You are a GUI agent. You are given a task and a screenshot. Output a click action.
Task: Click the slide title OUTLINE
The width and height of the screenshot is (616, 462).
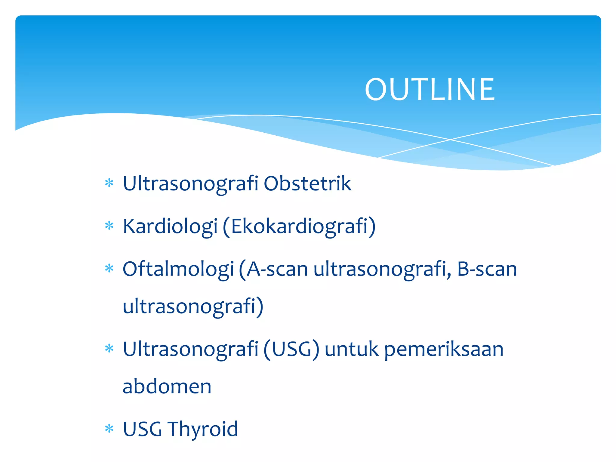430,89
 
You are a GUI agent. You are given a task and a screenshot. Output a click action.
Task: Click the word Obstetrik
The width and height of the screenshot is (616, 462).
307,183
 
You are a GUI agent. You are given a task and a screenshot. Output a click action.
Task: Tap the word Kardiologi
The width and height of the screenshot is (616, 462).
170,226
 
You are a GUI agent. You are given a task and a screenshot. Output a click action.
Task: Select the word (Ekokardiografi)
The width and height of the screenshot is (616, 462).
299,226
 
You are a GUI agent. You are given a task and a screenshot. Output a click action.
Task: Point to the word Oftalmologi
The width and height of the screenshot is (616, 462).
178,269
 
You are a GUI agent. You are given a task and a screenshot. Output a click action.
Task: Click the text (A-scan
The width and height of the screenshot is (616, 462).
273,269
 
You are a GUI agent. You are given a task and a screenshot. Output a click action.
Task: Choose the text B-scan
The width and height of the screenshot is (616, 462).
487,269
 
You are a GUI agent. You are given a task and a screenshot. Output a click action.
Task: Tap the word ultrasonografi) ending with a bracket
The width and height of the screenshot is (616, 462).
193,306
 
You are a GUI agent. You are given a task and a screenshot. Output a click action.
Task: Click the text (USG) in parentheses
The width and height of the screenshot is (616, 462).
291,349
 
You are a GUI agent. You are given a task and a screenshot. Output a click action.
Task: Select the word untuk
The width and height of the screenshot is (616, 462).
351,349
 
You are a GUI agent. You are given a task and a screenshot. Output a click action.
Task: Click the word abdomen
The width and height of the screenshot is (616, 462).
167,386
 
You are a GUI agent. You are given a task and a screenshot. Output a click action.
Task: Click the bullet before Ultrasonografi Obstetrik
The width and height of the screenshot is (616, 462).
109,183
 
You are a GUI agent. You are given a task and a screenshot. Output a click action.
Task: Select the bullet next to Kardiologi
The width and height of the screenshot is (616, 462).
109,226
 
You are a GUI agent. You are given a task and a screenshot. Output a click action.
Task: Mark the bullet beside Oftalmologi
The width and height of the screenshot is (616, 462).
109,268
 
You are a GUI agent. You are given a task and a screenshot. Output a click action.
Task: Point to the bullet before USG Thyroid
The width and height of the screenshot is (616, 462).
109,429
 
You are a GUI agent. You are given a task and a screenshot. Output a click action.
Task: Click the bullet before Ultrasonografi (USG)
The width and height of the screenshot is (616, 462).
109,349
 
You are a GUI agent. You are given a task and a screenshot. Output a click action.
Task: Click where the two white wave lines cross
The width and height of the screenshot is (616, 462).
450,140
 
